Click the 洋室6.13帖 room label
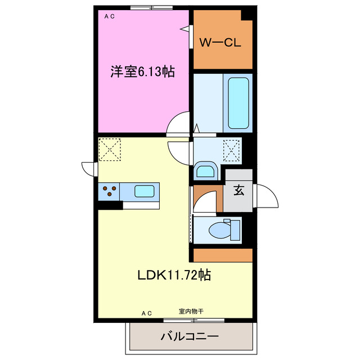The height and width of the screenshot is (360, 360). pyautogui.click(x=142, y=71)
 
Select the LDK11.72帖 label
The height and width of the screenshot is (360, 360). pyautogui.click(x=174, y=275)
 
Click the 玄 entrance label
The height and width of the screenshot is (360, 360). pyautogui.click(x=238, y=190)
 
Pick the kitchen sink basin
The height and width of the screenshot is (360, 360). pyautogui.click(x=145, y=191)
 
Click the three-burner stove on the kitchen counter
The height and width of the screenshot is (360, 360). pyautogui.click(x=109, y=191)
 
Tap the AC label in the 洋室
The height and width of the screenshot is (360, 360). pyautogui.click(x=109, y=16)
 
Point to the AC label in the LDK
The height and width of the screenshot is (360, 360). pyautogui.click(x=147, y=312)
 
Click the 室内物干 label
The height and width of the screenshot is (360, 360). pyautogui.click(x=191, y=311)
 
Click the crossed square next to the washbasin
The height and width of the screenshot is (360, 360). pyautogui.click(x=231, y=150)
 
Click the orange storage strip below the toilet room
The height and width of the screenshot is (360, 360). pyautogui.click(x=223, y=255)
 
